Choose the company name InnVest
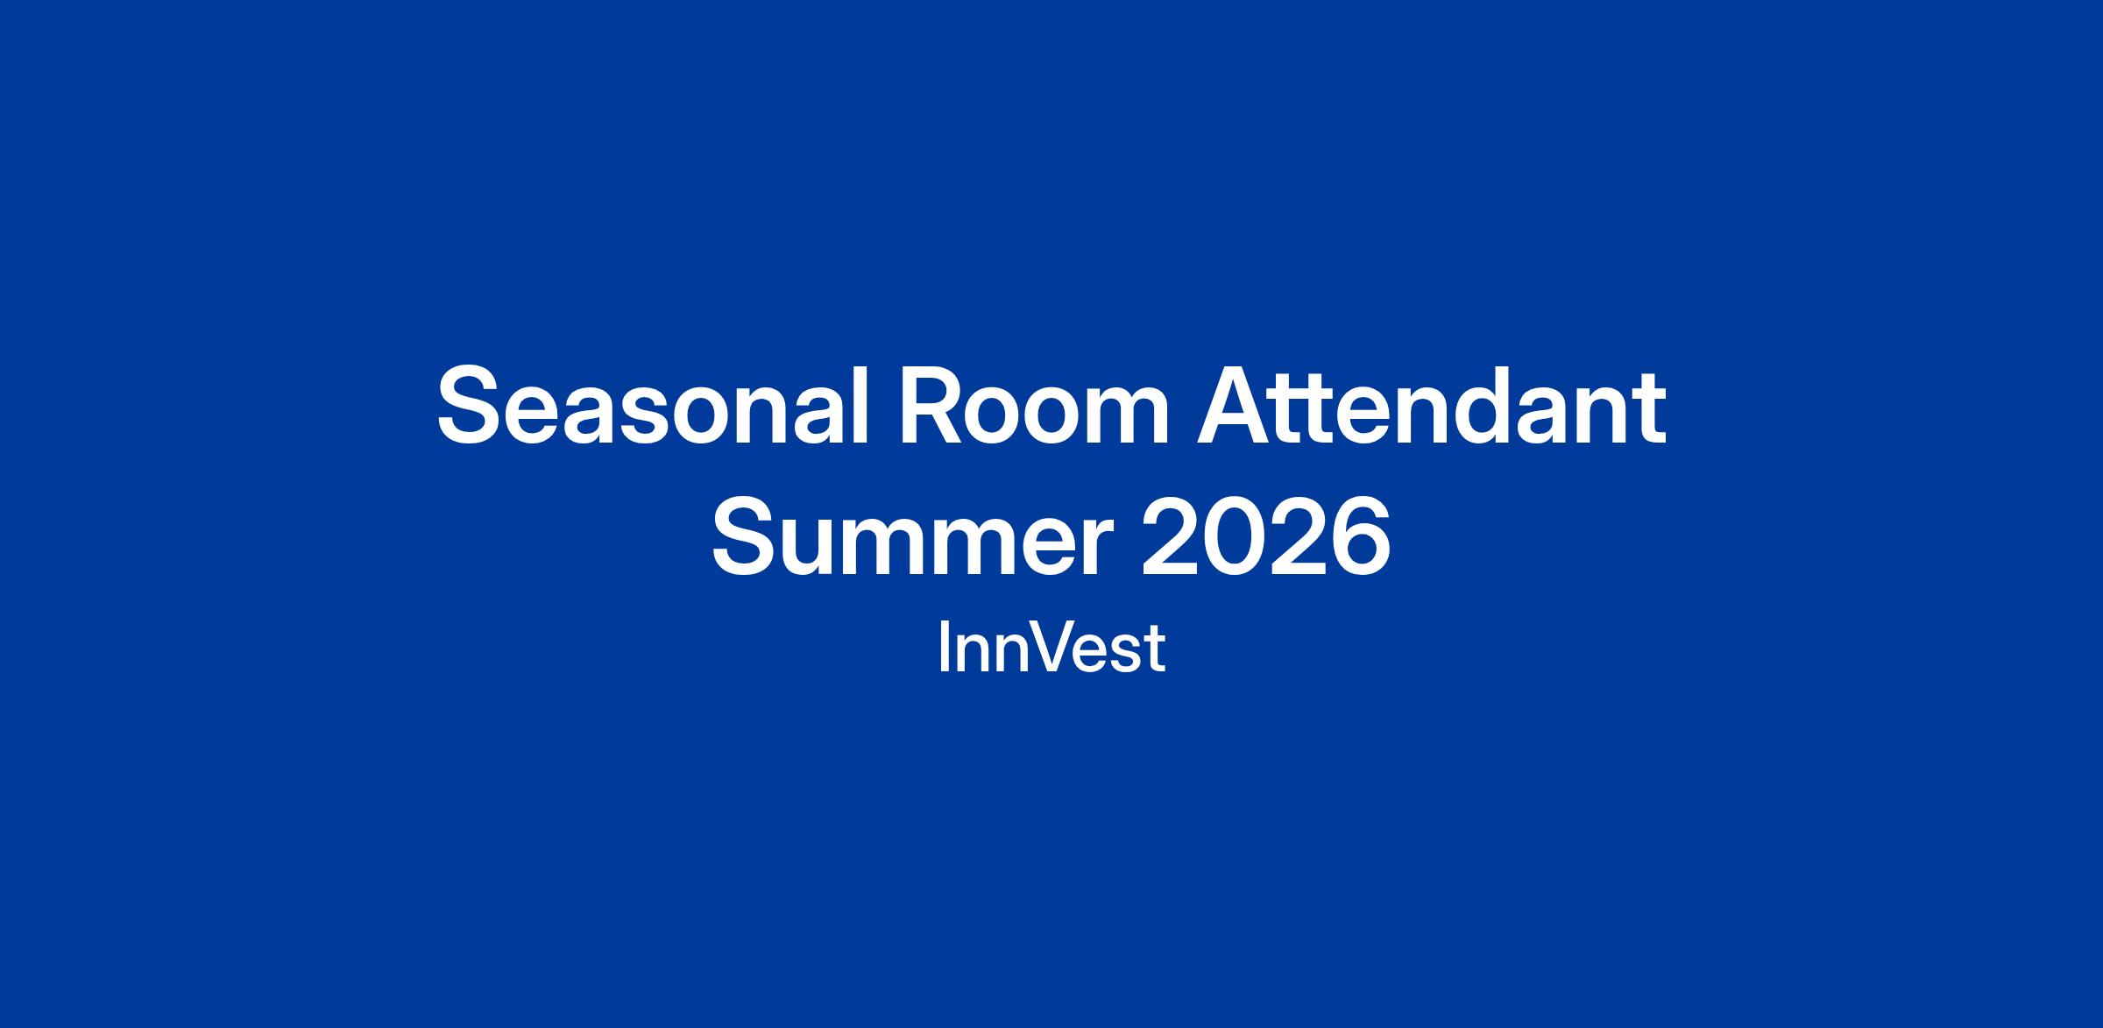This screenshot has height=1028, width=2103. coord(1051,649)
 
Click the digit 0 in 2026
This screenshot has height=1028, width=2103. coord(1234,537)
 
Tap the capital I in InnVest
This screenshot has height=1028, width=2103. coord(943,649)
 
